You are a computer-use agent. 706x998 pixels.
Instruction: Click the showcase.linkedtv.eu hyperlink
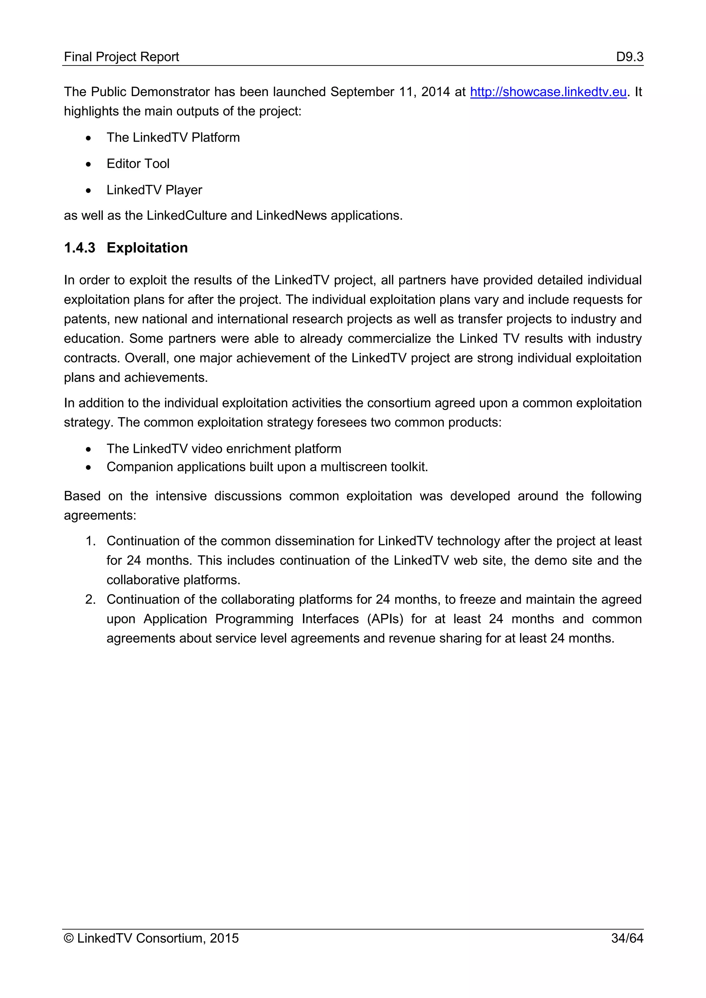coord(548,92)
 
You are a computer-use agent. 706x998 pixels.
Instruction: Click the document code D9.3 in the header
coord(629,57)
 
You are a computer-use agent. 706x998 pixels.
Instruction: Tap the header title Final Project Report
coord(121,57)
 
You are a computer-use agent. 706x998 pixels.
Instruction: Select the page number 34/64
coord(627,938)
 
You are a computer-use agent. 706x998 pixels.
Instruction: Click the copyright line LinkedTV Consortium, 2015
coord(151,938)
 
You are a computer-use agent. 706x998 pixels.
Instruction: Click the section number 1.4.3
coord(80,248)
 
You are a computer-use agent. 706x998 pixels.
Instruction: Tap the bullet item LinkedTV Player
coord(154,190)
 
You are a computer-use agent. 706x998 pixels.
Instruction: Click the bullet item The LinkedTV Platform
coord(173,138)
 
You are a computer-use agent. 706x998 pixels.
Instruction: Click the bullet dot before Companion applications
coord(89,467)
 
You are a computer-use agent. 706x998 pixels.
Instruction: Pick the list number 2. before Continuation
coord(90,599)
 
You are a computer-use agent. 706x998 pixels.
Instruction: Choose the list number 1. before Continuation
coord(90,541)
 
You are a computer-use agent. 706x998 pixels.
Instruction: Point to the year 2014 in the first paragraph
coord(435,92)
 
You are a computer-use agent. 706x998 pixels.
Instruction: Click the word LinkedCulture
coord(186,216)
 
